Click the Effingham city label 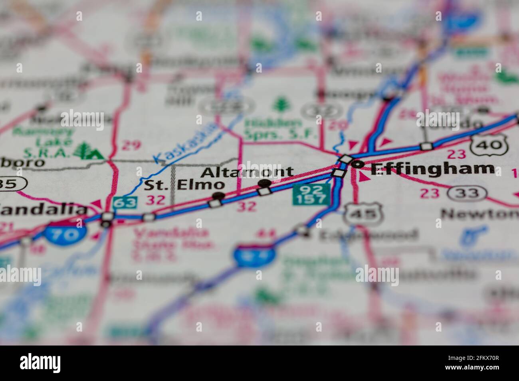pos(432,169)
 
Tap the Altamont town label pos(247,172)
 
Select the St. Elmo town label pos(184,185)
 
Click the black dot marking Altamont pos(264,183)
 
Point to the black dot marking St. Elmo pos(218,195)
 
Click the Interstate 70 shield pos(65,234)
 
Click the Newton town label pos(479,214)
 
